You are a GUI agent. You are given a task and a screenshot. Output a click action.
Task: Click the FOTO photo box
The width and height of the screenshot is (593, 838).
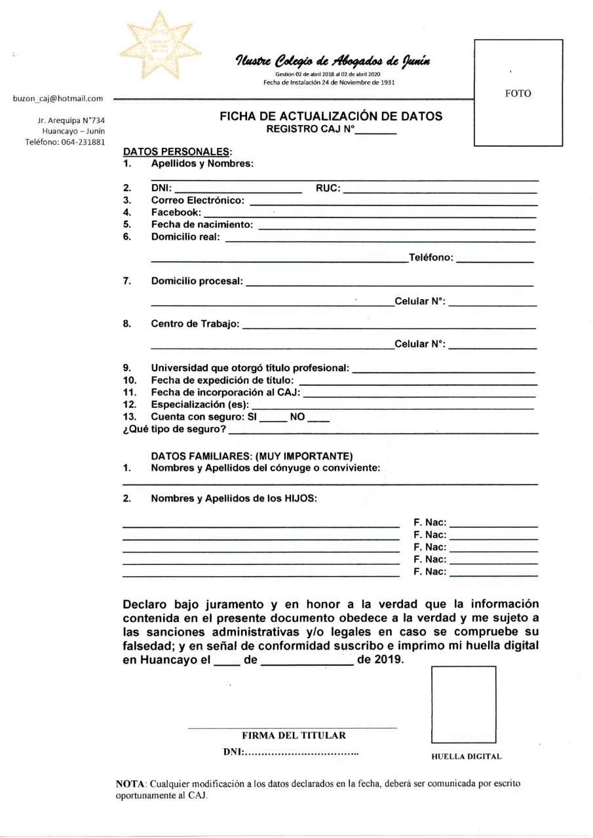click(x=518, y=93)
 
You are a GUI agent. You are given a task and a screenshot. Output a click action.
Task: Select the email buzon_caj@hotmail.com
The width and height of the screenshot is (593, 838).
click(x=58, y=99)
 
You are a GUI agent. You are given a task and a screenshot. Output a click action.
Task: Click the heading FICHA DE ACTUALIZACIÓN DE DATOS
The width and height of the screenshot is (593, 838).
click(x=331, y=117)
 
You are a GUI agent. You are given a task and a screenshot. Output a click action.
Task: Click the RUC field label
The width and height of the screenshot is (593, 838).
click(x=328, y=189)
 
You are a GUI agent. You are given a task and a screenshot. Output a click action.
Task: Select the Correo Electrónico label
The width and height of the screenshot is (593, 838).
click(x=198, y=201)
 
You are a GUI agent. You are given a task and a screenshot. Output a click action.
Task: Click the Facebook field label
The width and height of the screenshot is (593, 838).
click(x=176, y=213)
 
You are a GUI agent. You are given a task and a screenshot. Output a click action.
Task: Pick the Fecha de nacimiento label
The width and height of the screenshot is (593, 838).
click(x=203, y=225)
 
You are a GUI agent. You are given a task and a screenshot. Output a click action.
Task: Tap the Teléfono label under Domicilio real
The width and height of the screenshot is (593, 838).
click(x=430, y=258)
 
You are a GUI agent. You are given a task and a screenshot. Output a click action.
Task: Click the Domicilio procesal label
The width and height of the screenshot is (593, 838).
click(x=197, y=282)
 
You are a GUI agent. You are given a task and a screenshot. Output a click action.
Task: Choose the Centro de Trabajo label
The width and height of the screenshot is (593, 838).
click(x=195, y=324)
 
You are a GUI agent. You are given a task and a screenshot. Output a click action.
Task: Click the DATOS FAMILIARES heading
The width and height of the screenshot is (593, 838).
click(x=252, y=456)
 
